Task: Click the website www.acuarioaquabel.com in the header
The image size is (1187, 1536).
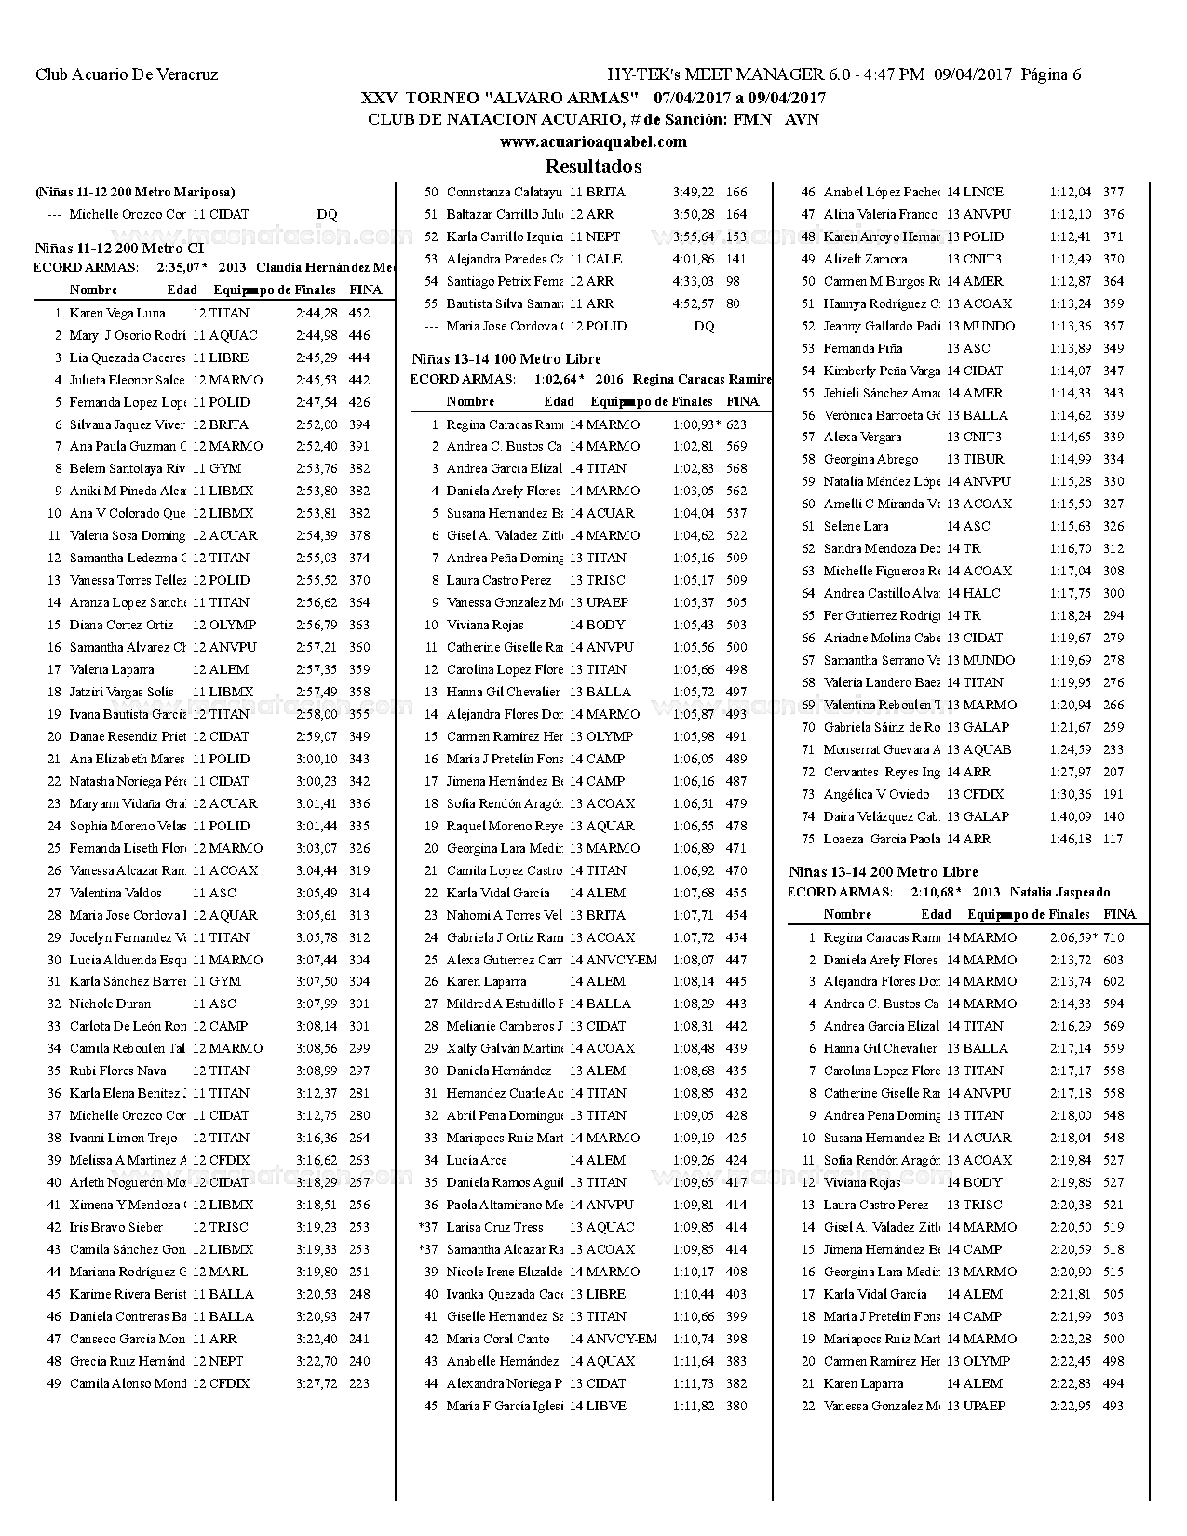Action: (x=593, y=141)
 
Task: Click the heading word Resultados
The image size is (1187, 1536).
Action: (x=593, y=167)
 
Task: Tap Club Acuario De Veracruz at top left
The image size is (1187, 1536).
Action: (x=127, y=74)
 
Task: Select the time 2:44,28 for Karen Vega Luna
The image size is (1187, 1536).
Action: (x=317, y=313)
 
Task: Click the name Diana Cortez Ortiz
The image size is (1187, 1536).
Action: (x=121, y=625)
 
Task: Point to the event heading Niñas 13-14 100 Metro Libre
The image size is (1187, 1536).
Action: (x=506, y=358)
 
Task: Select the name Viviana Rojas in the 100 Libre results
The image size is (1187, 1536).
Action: (x=485, y=625)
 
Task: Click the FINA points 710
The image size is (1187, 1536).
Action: (x=1113, y=937)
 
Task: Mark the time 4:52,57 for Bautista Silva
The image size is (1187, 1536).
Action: (x=694, y=303)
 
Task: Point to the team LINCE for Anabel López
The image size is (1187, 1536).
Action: (x=982, y=192)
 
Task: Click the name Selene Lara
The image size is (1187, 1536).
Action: (x=856, y=526)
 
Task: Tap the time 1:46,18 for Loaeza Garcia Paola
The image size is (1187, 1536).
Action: (x=1071, y=839)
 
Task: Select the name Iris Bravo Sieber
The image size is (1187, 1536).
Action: (x=115, y=1227)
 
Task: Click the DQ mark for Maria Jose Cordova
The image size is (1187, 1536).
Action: (x=705, y=326)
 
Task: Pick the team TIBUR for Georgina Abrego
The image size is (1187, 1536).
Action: (x=982, y=459)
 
